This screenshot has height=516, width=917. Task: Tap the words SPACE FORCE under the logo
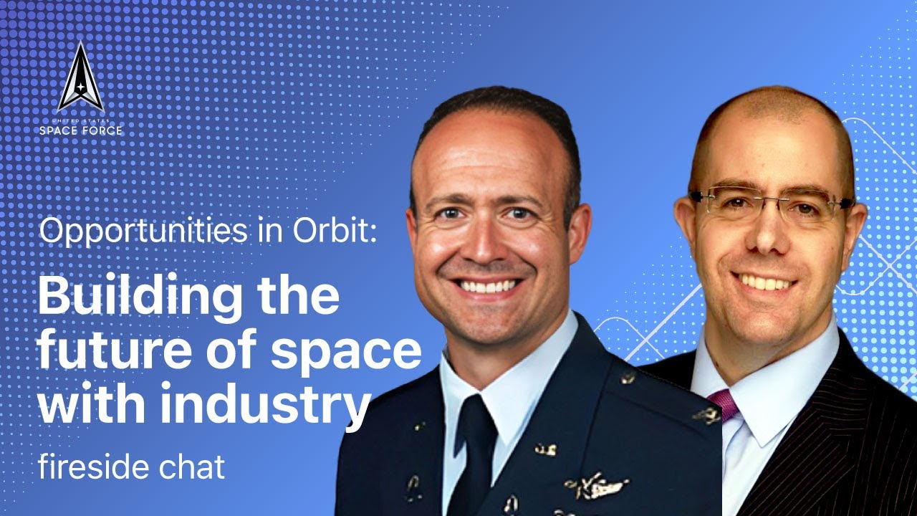(x=81, y=130)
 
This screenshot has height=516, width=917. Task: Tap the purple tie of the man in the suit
(x=723, y=405)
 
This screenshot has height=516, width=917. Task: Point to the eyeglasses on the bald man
(x=770, y=204)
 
